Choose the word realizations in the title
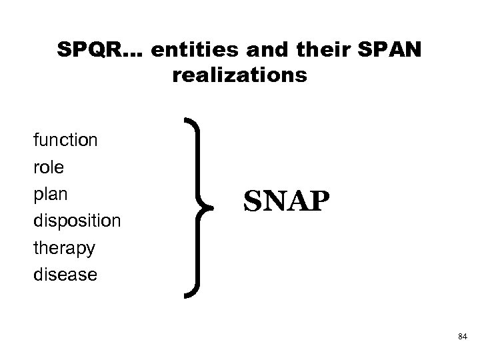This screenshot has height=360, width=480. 240,76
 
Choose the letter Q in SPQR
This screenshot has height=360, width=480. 90,50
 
